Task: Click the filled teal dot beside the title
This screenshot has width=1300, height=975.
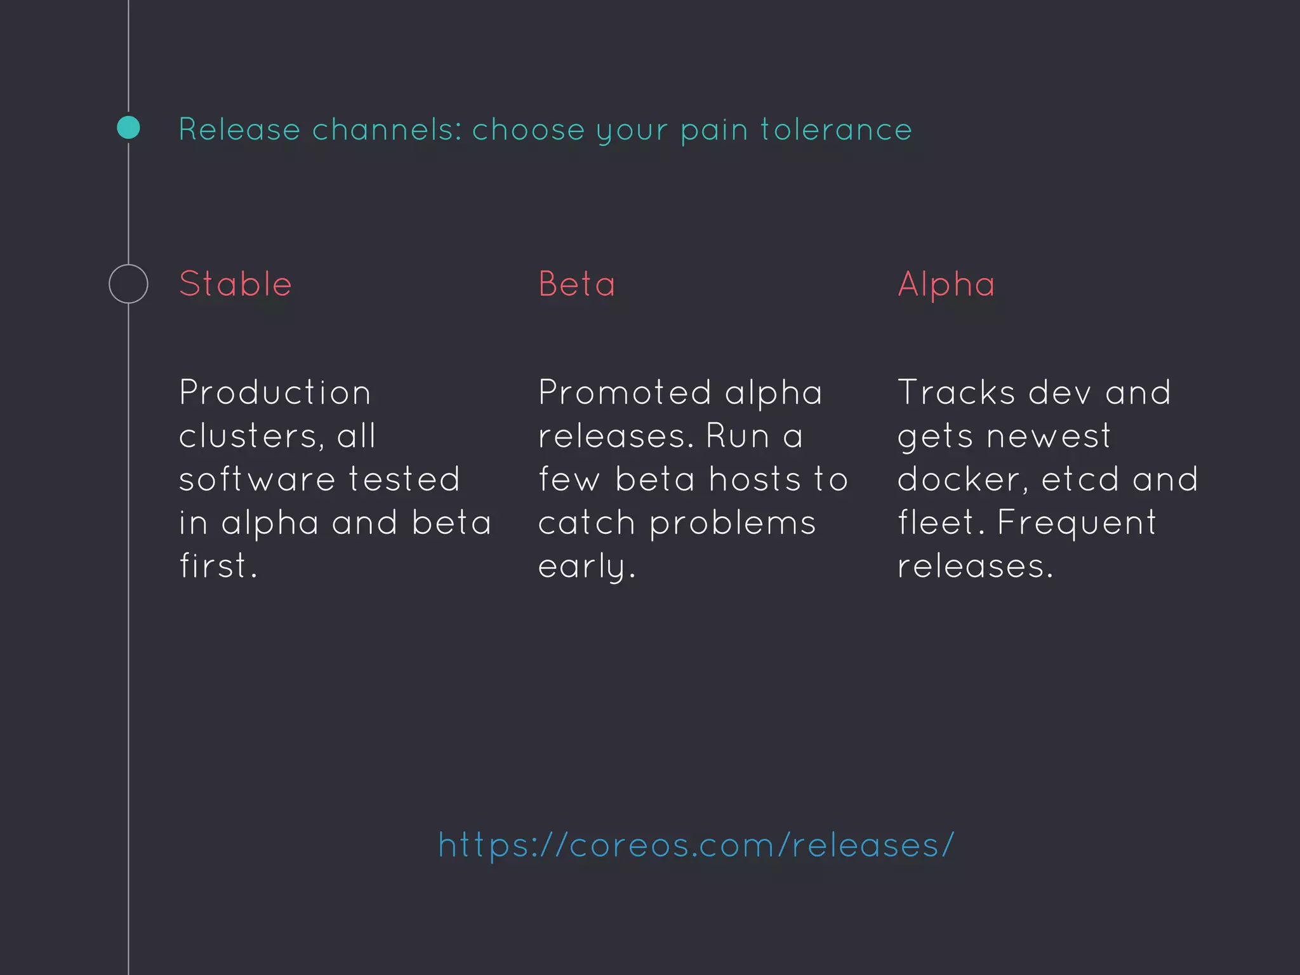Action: (128, 128)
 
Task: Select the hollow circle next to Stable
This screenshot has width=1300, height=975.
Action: (128, 284)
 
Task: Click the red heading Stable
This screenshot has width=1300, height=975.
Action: (235, 284)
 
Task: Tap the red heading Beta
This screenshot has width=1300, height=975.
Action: (577, 284)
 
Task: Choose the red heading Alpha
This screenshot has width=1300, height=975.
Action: (946, 284)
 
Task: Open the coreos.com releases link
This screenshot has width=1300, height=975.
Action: (696, 846)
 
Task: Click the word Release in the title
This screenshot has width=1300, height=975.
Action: (239, 129)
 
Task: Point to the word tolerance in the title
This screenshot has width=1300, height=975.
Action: (836, 129)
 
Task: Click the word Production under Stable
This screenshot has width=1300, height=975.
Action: (275, 392)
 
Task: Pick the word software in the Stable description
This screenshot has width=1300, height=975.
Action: (256, 479)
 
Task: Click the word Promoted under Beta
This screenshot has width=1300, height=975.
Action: (625, 392)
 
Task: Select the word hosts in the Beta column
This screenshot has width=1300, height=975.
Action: (755, 479)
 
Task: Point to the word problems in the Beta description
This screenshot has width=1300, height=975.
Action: (733, 524)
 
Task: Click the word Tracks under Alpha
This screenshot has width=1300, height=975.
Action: (956, 392)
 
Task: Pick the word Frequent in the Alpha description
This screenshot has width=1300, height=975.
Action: (1077, 524)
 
